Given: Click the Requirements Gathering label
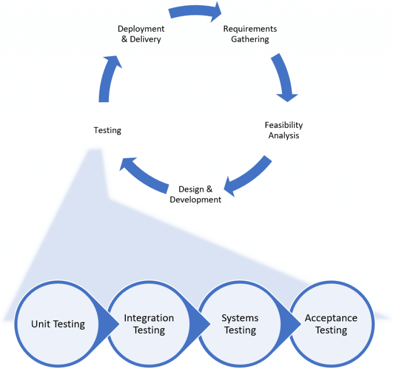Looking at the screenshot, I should [x=250, y=34].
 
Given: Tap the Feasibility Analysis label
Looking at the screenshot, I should [x=283, y=131].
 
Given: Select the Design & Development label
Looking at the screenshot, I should [x=195, y=194].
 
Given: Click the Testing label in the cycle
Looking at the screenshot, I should [x=107, y=131].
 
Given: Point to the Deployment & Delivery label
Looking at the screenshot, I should [x=141, y=34].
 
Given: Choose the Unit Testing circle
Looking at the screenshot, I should [x=58, y=323].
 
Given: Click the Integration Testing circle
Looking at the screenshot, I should [x=149, y=323].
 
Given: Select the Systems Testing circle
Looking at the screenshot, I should [x=240, y=323].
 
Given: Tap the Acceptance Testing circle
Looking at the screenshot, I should [x=331, y=323].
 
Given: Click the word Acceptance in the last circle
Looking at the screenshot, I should [x=331, y=318].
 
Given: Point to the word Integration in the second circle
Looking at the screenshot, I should [x=149, y=318].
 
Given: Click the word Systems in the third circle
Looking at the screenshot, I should [x=240, y=318].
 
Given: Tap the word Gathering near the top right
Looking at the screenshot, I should [x=250, y=39].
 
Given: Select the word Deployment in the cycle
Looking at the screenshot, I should [x=141, y=29].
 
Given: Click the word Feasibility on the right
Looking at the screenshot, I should [x=283, y=125].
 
